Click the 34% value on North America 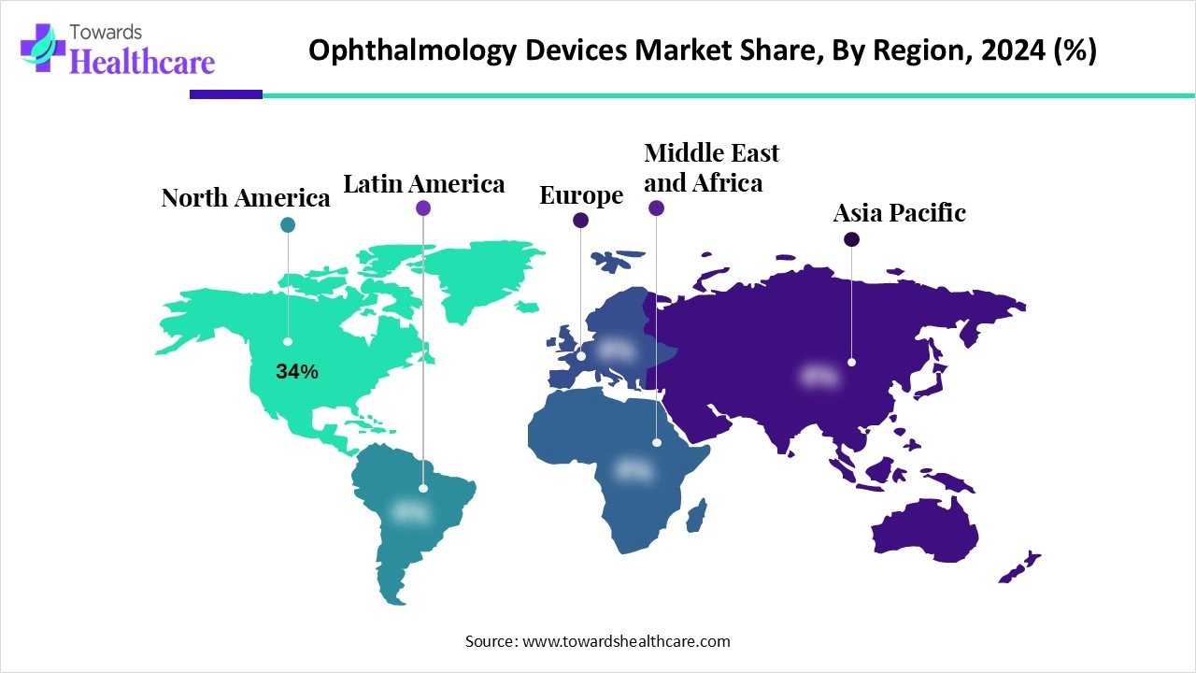point(297,371)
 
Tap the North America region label point(246,198)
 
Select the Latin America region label point(424,184)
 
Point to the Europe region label point(581,195)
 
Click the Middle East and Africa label point(711,167)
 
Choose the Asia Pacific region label point(899,213)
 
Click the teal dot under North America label point(288,224)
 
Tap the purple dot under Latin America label point(423,208)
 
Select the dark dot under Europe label point(580,221)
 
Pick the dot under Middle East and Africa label point(655,208)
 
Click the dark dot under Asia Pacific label point(851,239)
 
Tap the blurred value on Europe point(616,350)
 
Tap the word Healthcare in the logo point(142,62)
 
